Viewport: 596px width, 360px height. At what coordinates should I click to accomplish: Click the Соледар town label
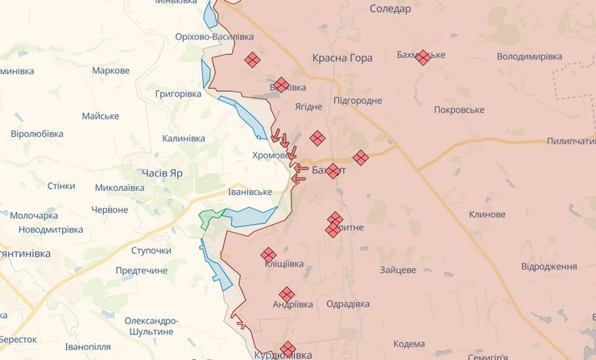click(x=390, y=9)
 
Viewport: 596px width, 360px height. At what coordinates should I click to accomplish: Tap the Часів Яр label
click(x=162, y=174)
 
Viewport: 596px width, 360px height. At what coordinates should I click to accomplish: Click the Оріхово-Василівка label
click(x=214, y=37)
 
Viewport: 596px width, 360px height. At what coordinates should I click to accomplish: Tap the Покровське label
click(x=458, y=110)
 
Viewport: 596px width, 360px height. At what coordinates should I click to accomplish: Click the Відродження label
click(x=548, y=266)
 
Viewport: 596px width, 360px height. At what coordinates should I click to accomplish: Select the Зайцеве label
click(x=398, y=270)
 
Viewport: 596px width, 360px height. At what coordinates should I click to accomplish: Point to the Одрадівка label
click(x=348, y=304)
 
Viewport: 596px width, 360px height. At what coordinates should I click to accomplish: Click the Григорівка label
click(x=178, y=94)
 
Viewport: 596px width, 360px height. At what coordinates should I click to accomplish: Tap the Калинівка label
click(x=183, y=139)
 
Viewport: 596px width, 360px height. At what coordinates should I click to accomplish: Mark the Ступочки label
click(x=151, y=250)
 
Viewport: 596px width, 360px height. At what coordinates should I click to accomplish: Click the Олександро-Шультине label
click(x=150, y=325)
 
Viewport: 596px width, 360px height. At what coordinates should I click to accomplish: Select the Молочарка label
click(x=34, y=216)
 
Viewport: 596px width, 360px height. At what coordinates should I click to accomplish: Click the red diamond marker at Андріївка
click(x=286, y=294)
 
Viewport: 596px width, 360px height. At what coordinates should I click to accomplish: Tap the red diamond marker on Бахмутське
click(x=423, y=57)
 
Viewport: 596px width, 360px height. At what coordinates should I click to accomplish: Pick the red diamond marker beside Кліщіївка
click(x=268, y=254)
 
